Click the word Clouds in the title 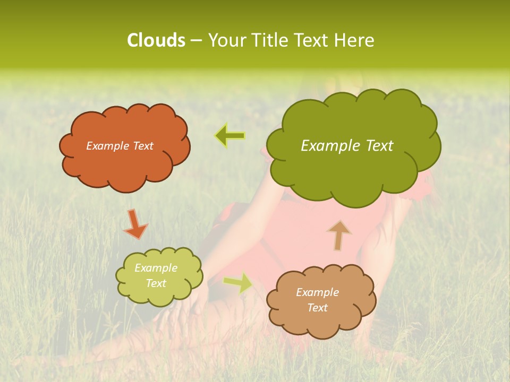(156, 40)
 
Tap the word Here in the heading (354, 40)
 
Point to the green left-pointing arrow (230, 136)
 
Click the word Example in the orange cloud (106, 146)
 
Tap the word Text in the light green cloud (156, 283)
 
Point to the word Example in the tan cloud (317, 292)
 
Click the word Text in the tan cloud (317, 308)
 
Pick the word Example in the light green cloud (156, 268)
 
